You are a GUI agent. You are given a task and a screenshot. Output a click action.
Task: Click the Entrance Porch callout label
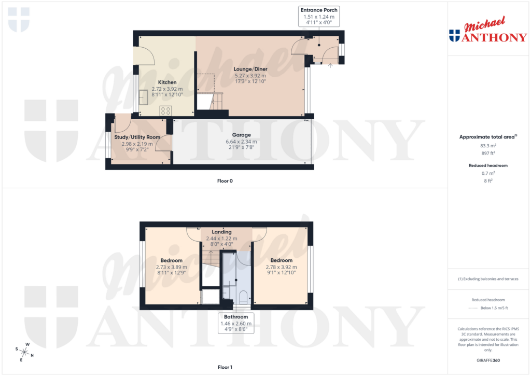point(319,10)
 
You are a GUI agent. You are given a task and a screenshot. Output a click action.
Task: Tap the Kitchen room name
point(167,82)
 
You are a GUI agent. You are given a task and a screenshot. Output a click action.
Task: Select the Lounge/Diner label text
point(250,69)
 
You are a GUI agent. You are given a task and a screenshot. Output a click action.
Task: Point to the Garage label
point(241,135)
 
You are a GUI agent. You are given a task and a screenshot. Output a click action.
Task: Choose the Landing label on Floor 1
point(221,232)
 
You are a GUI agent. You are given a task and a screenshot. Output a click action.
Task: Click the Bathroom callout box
point(236,317)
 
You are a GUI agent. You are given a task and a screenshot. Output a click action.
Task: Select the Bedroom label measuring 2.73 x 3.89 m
point(171,260)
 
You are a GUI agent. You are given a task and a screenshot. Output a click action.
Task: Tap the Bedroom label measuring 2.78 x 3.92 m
point(281,260)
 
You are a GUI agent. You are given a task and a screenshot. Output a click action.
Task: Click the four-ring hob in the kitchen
point(166,110)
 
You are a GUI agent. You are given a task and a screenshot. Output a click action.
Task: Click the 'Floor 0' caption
point(225,181)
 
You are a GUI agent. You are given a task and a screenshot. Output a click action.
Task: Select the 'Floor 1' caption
point(225,367)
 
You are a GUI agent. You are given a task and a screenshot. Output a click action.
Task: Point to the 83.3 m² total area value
point(487,146)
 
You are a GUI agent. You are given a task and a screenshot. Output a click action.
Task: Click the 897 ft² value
point(487,153)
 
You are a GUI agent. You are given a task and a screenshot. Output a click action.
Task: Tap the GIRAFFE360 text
point(487,360)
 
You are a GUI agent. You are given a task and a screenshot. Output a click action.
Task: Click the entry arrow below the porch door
point(331,65)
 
